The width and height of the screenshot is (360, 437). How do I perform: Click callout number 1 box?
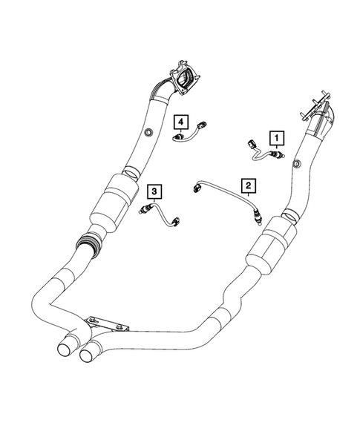point(276,137)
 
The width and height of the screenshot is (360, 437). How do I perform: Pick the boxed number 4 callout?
point(180,120)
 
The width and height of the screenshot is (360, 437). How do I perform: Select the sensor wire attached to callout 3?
point(159,215)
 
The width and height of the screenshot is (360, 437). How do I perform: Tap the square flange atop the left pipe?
point(184,76)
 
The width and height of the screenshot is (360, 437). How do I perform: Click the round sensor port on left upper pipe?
point(147,133)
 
